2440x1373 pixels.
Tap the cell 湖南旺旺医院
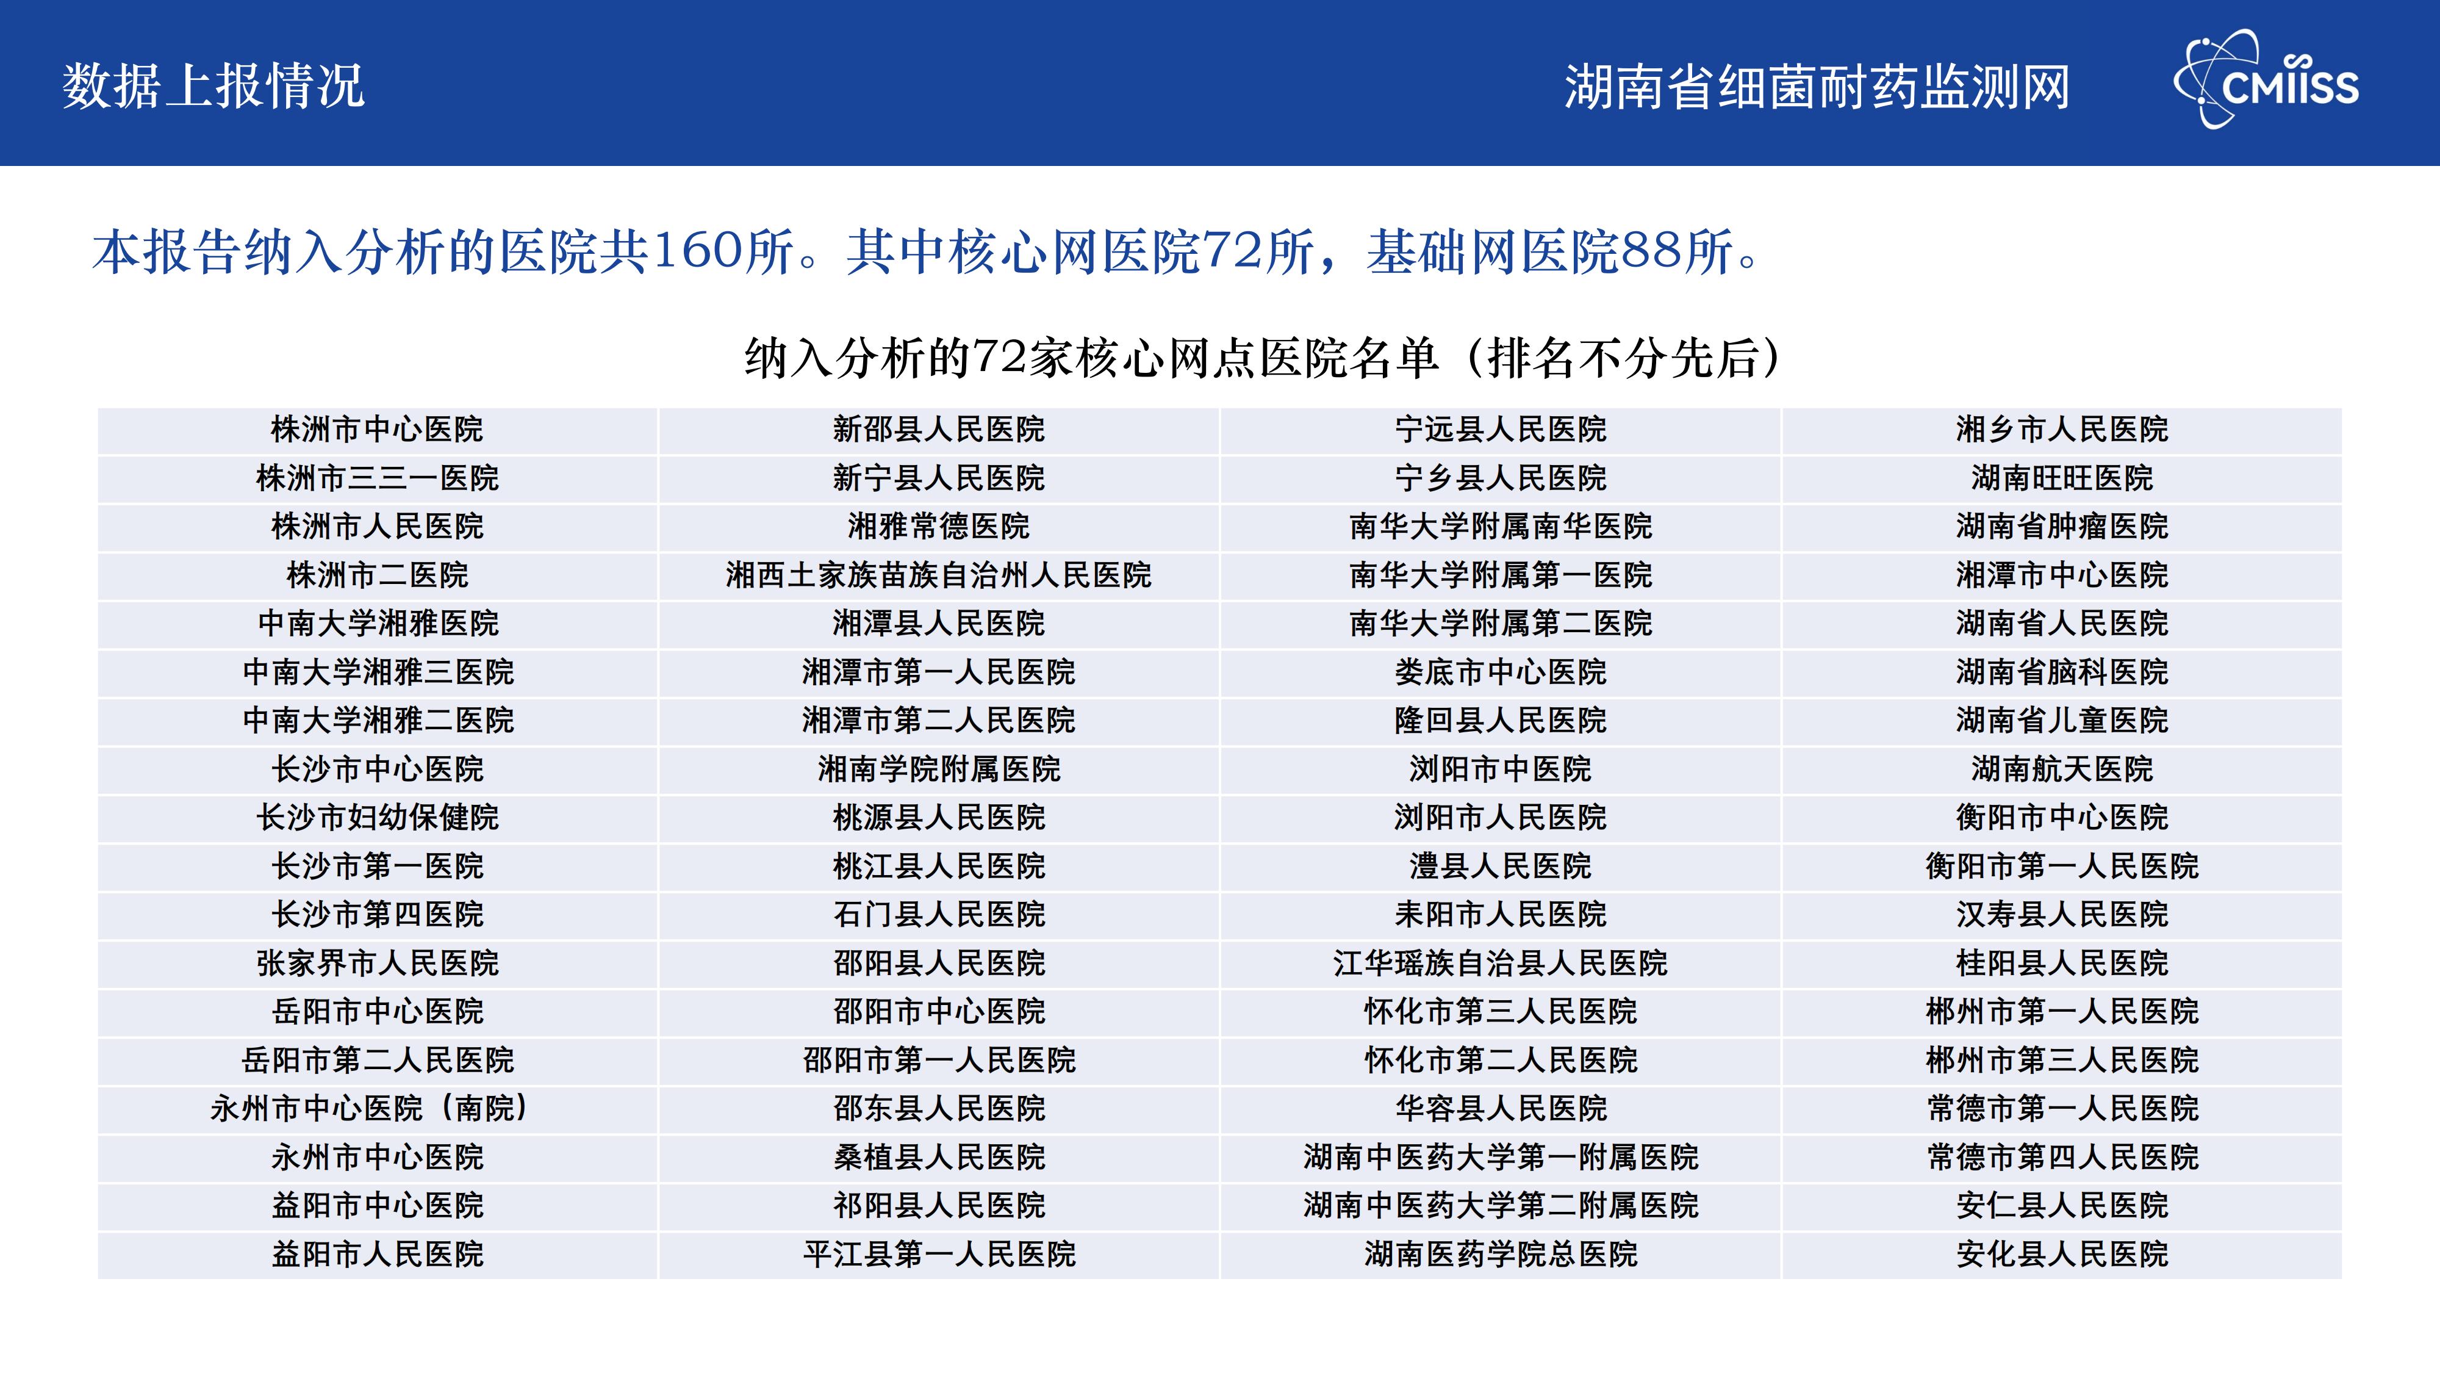coord(2062,478)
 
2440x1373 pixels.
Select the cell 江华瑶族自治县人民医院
coord(1501,964)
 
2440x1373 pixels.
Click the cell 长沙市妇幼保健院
coord(377,818)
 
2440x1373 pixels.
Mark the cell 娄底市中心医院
coord(1501,672)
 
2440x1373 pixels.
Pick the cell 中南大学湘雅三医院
coord(377,672)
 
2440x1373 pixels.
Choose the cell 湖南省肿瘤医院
coord(2062,527)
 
